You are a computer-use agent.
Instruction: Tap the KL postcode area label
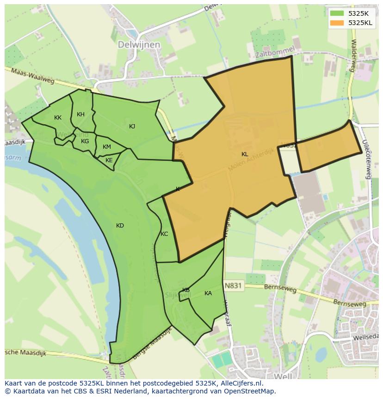pyautogui.click(x=245, y=154)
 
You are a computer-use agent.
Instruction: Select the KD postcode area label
pyautogui.click(x=120, y=226)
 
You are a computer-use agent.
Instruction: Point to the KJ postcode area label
pyautogui.click(x=132, y=126)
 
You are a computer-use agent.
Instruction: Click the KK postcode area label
pyautogui.click(x=58, y=118)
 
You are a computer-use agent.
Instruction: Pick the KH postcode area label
pyautogui.click(x=80, y=114)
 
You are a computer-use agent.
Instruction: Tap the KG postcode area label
pyautogui.click(x=85, y=141)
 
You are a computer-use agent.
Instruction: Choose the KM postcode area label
pyautogui.click(x=107, y=147)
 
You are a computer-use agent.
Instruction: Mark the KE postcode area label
pyautogui.click(x=109, y=160)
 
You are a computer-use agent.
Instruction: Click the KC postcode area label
pyautogui.click(x=164, y=234)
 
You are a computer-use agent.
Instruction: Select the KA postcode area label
pyautogui.click(x=208, y=293)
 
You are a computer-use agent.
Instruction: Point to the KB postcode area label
pyautogui.click(x=186, y=290)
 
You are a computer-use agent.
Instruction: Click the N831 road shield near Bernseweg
pyautogui.click(x=233, y=286)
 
